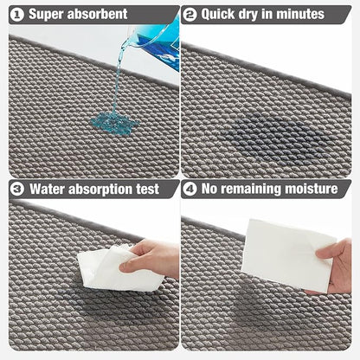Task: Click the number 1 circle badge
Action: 16,14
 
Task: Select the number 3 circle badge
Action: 16,188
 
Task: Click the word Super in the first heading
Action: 48,14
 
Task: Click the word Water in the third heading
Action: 47,188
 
